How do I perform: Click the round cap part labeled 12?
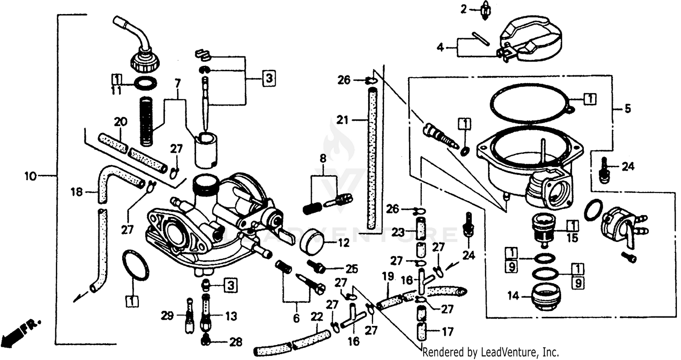click(313, 240)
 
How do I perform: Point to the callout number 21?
click(342, 120)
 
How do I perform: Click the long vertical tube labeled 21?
click(372, 159)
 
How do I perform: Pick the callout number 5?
click(627, 108)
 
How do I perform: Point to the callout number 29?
click(168, 316)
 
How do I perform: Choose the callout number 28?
click(236, 342)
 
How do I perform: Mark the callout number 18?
click(77, 192)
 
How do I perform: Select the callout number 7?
click(177, 83)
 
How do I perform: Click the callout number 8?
click(323, 159)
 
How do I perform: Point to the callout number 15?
click(572, 237)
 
